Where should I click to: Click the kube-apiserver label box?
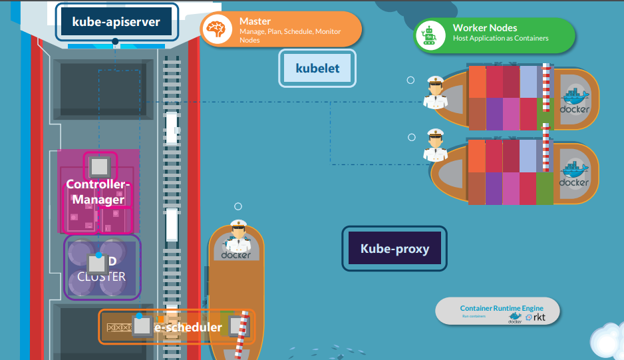116,23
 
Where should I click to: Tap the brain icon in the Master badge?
216,30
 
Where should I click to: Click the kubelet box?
317,69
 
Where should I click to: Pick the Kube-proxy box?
394,249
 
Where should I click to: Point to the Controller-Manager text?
98,192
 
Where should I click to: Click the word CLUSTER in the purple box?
101,276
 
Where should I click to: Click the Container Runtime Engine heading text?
501,308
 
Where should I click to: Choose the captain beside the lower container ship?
435,146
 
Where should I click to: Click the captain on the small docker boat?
238,236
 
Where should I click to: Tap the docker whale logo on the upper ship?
574,99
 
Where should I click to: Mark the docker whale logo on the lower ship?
574,172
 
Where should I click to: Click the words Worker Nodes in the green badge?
484,28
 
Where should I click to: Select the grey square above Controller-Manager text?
99,166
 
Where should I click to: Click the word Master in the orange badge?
255,21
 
